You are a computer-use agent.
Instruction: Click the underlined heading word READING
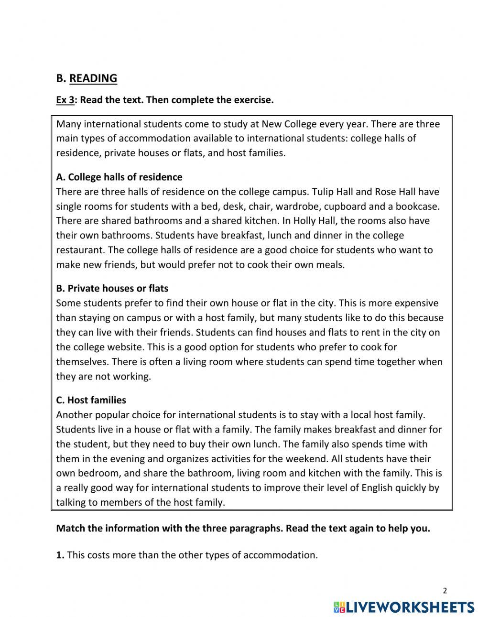(93, 78)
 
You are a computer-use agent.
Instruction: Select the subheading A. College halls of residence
(119, 177)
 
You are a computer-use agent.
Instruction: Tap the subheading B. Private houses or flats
(112, 288)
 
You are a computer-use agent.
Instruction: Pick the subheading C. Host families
(91, 400)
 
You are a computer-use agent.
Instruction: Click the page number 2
(445, 591)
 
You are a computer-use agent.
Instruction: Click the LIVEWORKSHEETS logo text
(410, 607)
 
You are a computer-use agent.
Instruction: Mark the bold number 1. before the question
(60, 555)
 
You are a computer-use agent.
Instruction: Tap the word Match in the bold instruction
(71, 529)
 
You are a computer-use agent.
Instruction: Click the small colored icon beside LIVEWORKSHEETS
(339, 607)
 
